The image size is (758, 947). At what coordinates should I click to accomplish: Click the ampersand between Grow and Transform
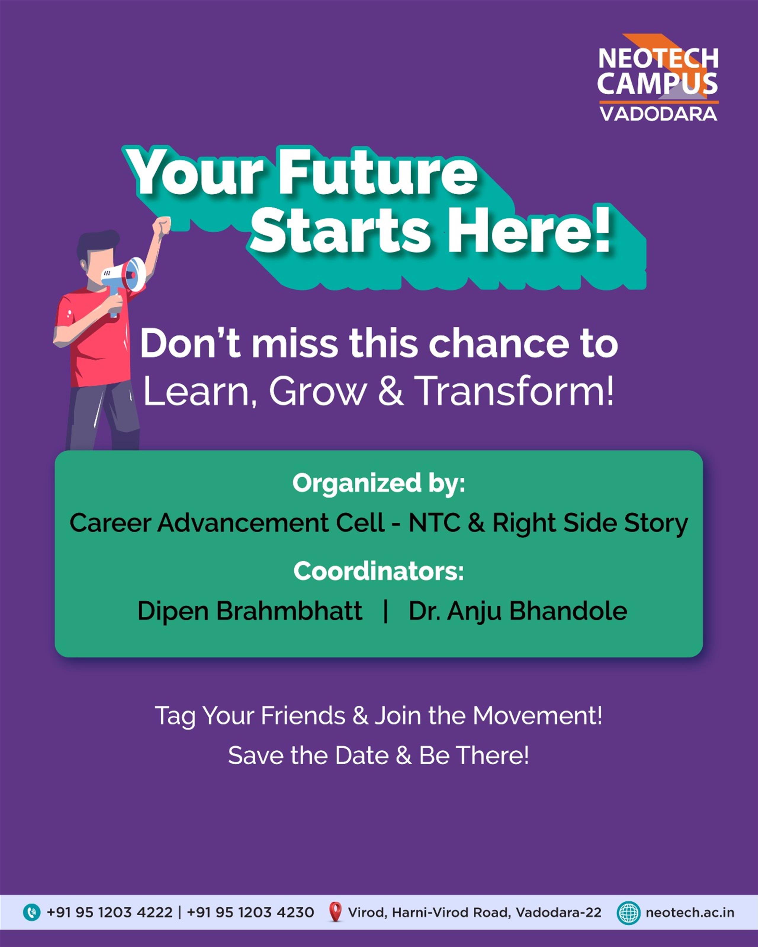391,390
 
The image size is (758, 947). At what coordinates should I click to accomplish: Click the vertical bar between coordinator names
386,611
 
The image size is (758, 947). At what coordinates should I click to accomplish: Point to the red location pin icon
335,912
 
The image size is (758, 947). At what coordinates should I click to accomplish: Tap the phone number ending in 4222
110,913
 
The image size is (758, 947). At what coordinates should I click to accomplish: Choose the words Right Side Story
590,524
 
